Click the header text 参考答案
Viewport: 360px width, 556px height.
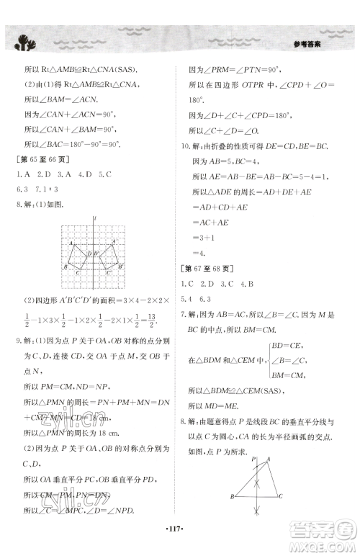(311, 45)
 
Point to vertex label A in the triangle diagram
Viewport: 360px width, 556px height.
(271, 462)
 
